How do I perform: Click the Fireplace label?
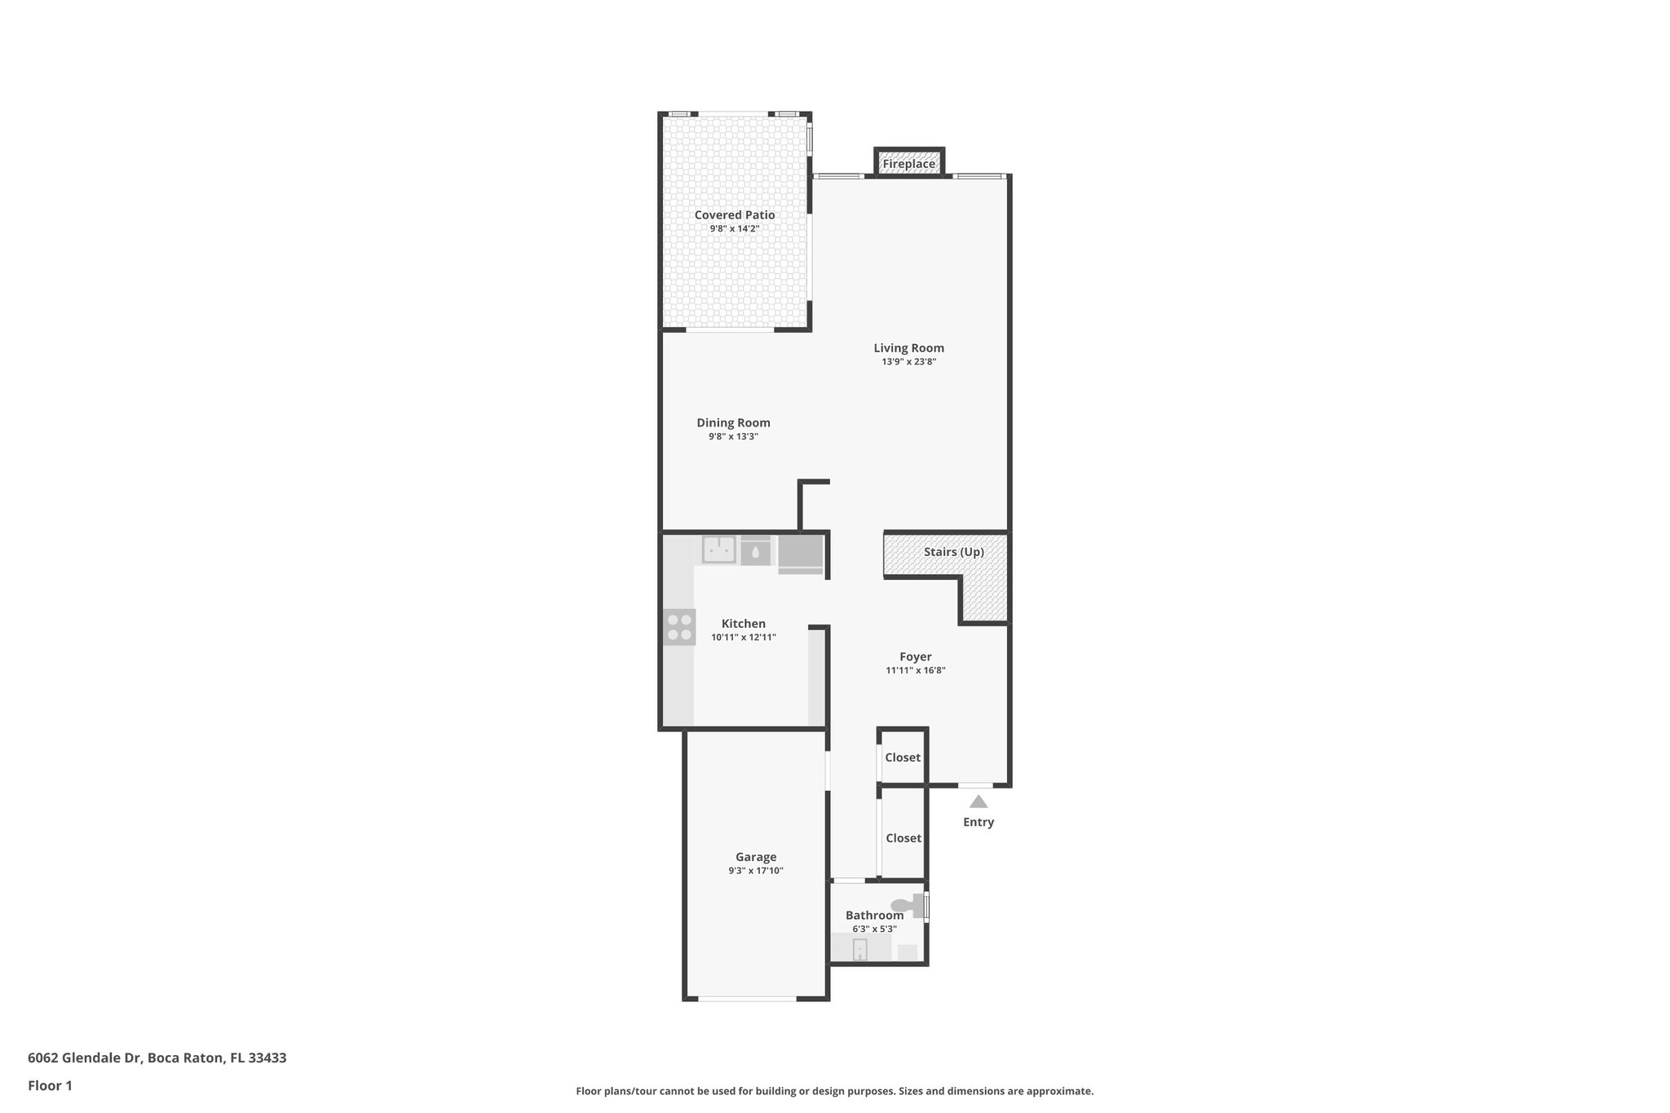[x=908, y=164]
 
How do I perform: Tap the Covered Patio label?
[x=735, y=215]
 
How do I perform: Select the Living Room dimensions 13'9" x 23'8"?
[x=908, y=362]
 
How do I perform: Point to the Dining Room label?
[x=733, y=422]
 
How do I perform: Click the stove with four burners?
[x=679, y=627]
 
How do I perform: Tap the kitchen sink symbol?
[x=719, y=550]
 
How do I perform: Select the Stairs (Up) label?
[x=953, y=552]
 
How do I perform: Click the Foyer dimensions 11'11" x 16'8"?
[x=915, y=671]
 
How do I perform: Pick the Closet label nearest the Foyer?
[x=903, y=757]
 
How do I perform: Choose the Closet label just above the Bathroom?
[x=903, y=838]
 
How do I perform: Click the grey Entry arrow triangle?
[x=978, y=802]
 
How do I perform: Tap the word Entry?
[x=978, y=822]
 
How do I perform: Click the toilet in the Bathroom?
[x=906, y=905]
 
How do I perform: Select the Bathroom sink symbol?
[x=859, y=949]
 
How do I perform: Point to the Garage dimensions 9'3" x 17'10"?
[x=756, y=871]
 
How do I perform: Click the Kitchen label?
[x=743, y=624]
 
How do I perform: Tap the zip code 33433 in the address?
[x=267, y=1058]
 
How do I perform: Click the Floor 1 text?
[x=50, y=1085]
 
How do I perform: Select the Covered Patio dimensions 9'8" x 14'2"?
[x=734, y=229]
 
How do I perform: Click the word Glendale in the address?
[x=91, y=1058]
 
